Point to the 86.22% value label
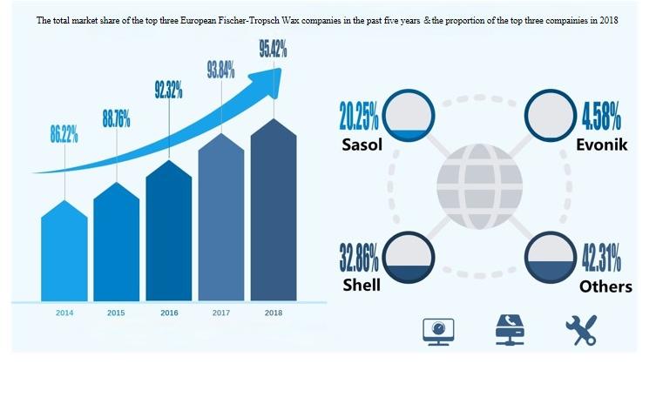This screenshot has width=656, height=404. (64, 134)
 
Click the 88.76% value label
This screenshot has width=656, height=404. (116, 119)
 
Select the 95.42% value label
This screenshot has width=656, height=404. (273, 49)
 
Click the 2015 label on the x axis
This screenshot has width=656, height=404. (116, 312)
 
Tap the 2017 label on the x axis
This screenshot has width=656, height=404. (220, 312)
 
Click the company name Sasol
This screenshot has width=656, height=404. (362, 145)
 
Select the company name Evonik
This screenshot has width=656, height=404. (600, 145)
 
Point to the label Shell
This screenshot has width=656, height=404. (360, 286)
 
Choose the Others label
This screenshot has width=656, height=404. (605, 286)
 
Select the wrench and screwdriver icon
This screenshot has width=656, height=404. (579, 330)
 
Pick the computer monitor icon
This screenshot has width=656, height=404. (436, 331)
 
